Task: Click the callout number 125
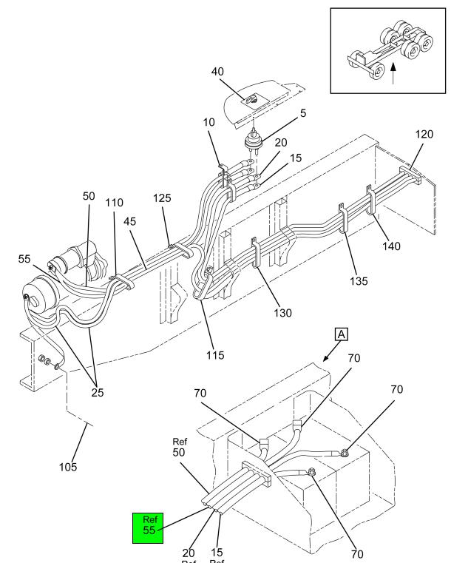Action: [162, 199]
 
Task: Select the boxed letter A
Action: [341, 334]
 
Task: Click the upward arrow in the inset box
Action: [393, 75]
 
